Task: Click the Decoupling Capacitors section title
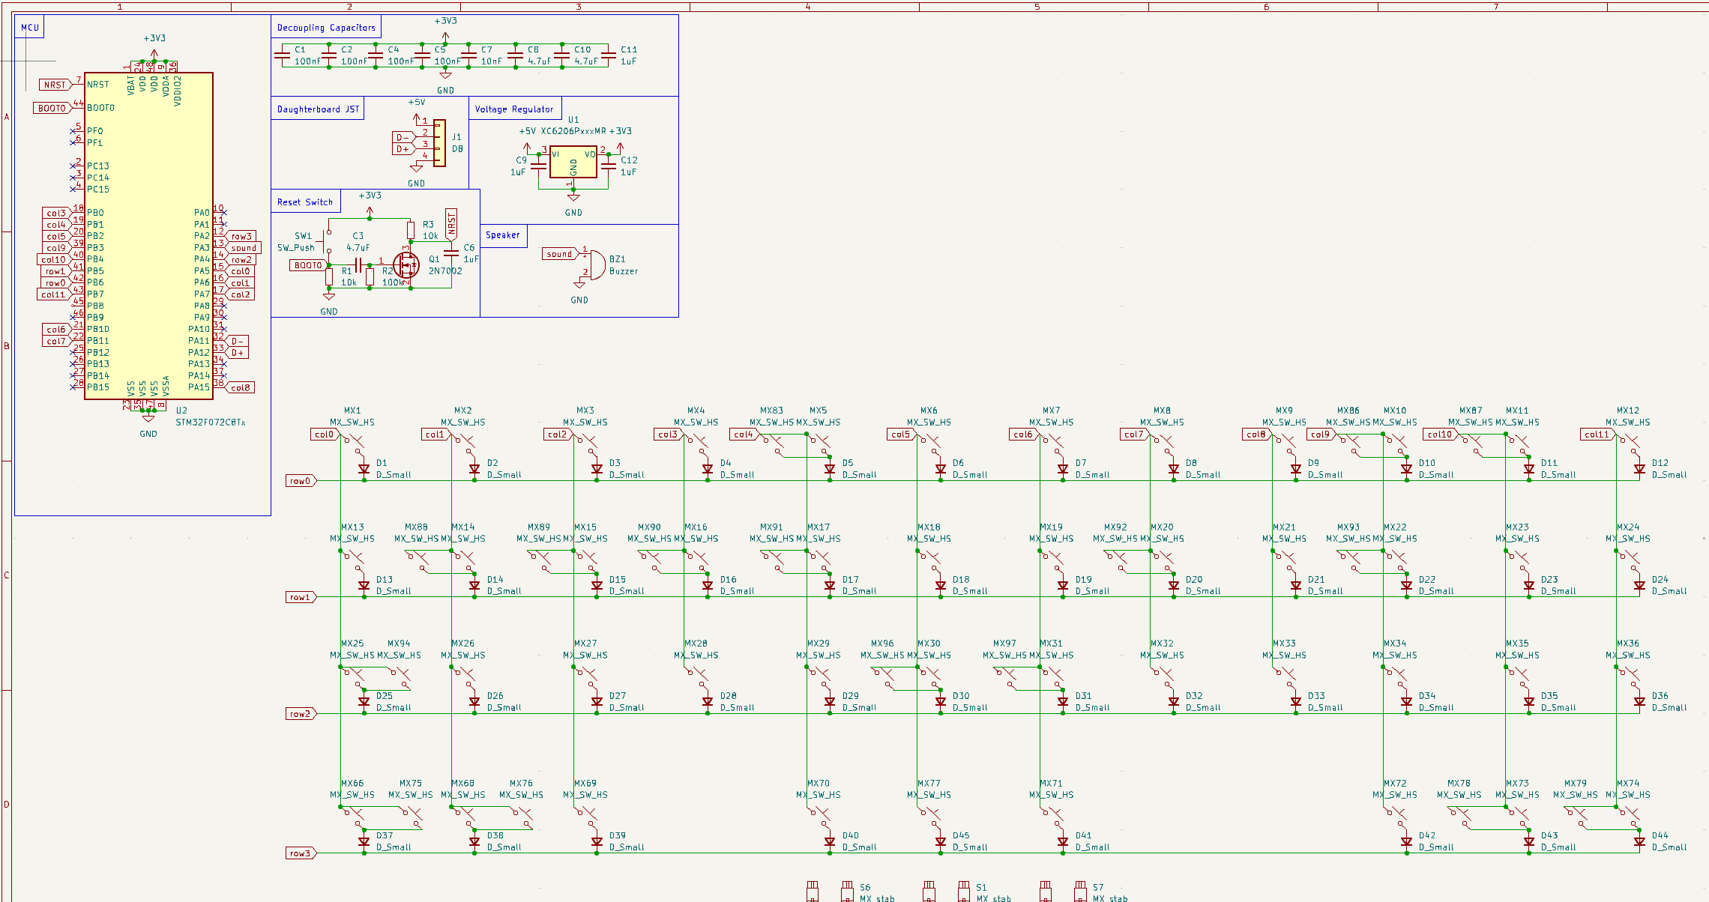tap(326, 28)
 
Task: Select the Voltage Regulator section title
tap(514, 109)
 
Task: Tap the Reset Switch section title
tap(305, 202)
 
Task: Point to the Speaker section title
tap(502, 235)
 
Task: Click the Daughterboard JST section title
tap(318, 109)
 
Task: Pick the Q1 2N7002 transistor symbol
tap(407, 264)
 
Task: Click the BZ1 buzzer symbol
tap(595, 264)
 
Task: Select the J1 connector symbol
tap(439, 143)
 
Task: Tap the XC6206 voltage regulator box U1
tap(573, 162)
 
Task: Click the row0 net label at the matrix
tap(300, 481)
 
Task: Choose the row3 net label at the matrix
tap(300, 853)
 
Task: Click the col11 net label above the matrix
tap(1597, 435)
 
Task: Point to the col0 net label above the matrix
tap(325, 435)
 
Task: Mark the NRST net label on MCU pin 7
tap(55, 85)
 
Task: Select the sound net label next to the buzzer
tap(559, 254)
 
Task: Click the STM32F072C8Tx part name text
tap(211, 423)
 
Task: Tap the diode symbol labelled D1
tap(364, 469)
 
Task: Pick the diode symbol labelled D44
tap(1639, 841)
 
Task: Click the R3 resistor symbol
tap(411, 229)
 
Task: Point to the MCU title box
tap(30, 28)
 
